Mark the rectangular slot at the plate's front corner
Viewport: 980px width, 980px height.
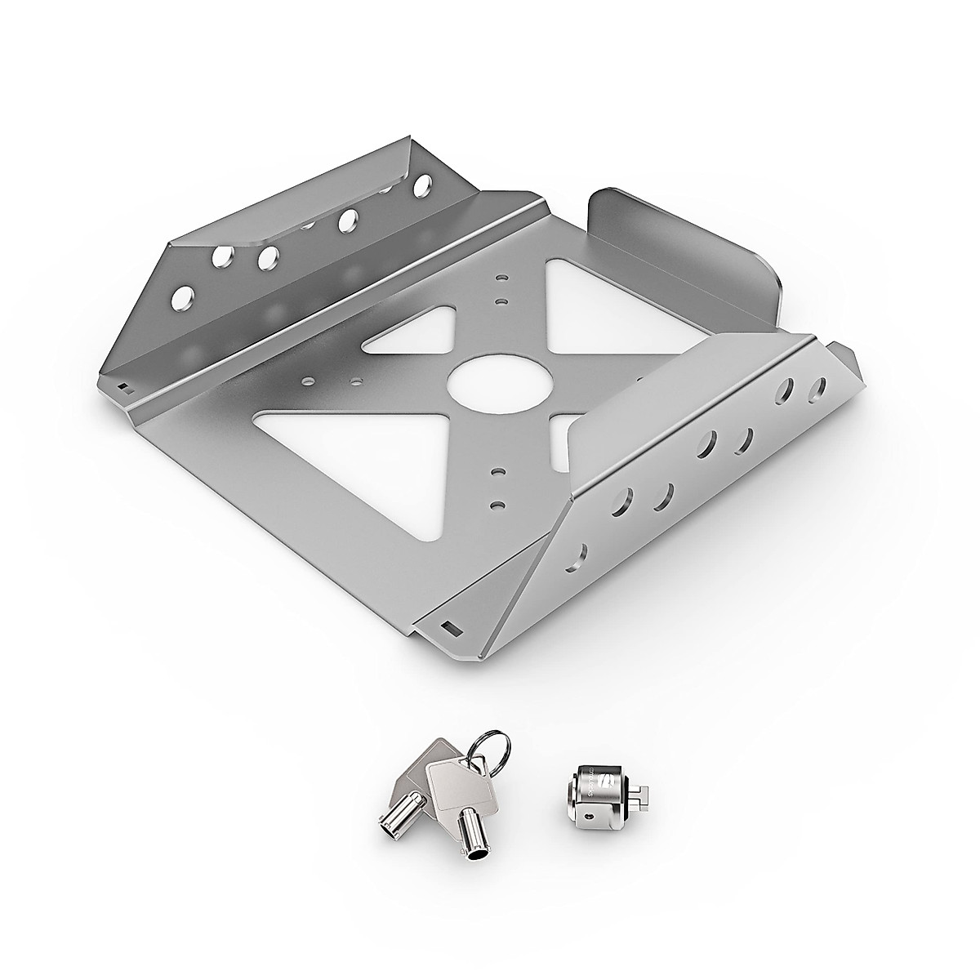[x=448, y=627]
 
